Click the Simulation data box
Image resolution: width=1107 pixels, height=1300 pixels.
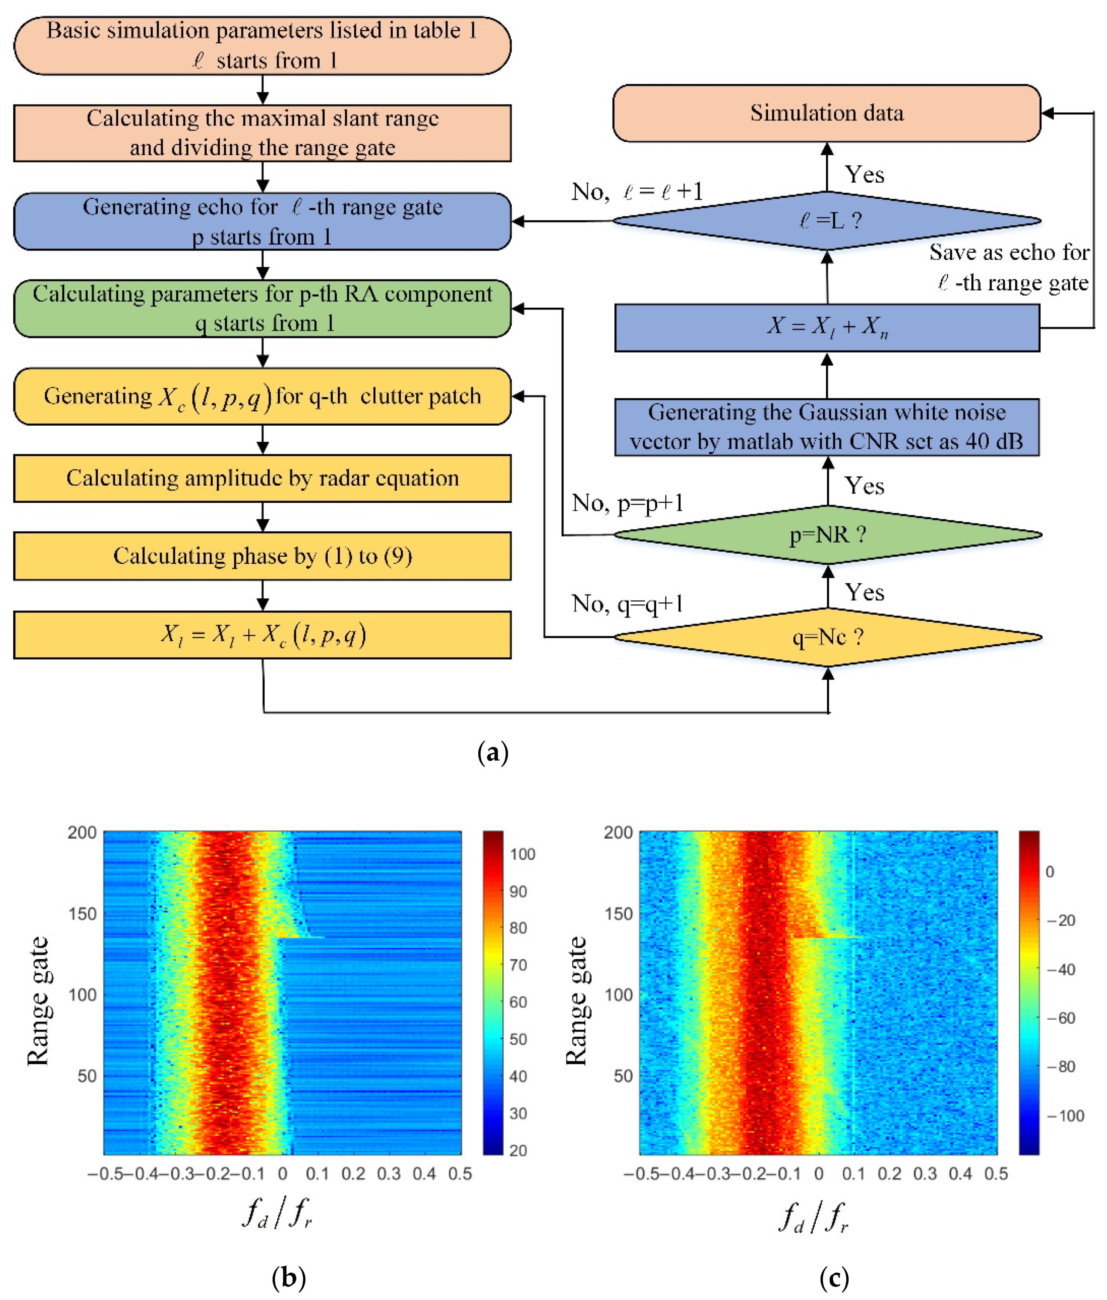click(x=826, y=113)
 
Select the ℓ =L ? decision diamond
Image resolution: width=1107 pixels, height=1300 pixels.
click(x=826, y=220)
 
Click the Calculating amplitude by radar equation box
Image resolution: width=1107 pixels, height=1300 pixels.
click(x=262, y=478)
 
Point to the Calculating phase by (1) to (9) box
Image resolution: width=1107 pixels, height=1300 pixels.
click(x=262, y=556)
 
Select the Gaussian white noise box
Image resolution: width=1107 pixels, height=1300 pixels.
click(x=826, y=427)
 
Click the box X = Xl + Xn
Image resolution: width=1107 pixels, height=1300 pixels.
click(x=826, y=327)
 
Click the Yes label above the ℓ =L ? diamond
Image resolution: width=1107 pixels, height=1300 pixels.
click(x=864, y=174)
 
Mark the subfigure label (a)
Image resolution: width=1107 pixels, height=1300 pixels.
click(x=493, y=752)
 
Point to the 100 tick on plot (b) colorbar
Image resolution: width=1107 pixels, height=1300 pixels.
click(x=522, y=854)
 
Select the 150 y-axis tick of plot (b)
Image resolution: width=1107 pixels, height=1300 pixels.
click(x=82, y=913)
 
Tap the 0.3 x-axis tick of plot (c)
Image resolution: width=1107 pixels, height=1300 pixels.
click(x=924, y=1174)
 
